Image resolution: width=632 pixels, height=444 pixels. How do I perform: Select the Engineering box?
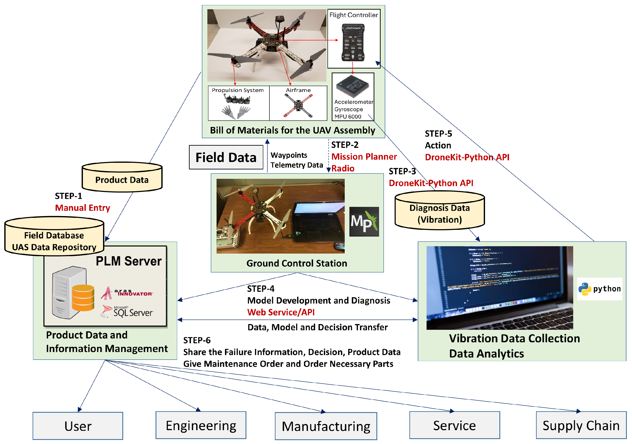pos(201,425)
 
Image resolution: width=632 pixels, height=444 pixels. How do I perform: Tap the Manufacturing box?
pos(326,426)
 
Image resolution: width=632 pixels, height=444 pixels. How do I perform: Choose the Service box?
pos(454,425)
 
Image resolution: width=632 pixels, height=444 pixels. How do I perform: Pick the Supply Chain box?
pos(581,425)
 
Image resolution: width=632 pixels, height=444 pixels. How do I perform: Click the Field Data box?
pos(226,157)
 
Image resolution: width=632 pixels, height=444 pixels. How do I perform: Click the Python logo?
pos(599,289)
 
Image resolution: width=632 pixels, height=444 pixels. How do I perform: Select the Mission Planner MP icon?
pos(364,222)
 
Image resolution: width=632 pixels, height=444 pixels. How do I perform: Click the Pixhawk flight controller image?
pos(353,42)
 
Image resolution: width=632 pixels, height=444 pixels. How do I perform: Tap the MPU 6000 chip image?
pos(353,86)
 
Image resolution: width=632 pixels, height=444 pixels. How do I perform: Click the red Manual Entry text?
pos(82,208)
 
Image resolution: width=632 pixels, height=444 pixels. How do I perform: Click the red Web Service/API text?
pos(281,312)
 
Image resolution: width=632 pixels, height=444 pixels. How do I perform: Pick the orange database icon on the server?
pos(83,298)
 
